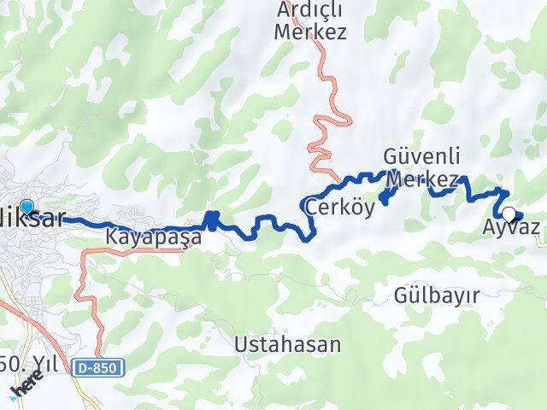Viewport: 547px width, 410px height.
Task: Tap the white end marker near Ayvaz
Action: click(x=509, y=214)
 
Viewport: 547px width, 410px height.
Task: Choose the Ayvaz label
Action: click(x=511, y=228)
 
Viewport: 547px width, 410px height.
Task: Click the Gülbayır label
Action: click(x=436, y=295)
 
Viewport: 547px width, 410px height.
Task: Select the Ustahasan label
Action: click(x=287, y=345)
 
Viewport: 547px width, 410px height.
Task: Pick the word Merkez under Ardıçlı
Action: click(x=311, y=32)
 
